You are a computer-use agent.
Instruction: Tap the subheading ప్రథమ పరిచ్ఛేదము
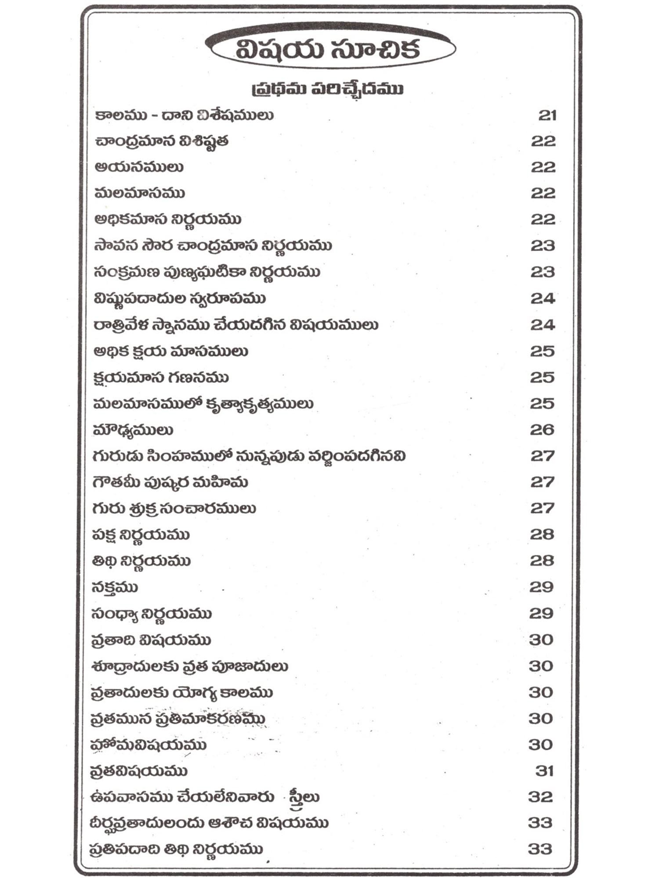pyautogui.click(x=327, y=89)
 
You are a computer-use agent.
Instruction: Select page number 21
pyautogui.click(x=547, y=115)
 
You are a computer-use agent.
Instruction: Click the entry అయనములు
pyautogui.click(x=139, y=167)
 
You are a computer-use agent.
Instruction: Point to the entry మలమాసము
pyautogui.click(x=140, y=193)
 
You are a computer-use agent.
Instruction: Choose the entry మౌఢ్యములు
pyautogui.click(x=133, y=430)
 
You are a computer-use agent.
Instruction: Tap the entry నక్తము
pyautogui.click(x=115, y=587)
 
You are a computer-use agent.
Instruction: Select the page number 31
pyautogui.click(x=544, y=771)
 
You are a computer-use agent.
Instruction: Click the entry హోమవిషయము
pyautogui.click(x=148, y=745)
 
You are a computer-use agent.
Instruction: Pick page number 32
pyautogui.click(x=541, y=797)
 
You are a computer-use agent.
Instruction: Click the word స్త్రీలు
pyautogui.click(x=304, y=797)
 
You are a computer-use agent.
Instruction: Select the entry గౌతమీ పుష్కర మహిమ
pyautogui.click(x=170, y=482)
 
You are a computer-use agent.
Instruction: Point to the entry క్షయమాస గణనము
pyautogui.click(x=161, y=378)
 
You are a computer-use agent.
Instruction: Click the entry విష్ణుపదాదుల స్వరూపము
pyautogui.click(x=180, y=299)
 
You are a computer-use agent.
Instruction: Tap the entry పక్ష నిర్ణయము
pyautogui.click(x=141, y=535)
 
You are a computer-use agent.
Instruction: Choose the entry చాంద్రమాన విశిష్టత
pyautogui.click(x=161, y=141)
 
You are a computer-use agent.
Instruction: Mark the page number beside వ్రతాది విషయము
pyautogui.click(x=541, y=640)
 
